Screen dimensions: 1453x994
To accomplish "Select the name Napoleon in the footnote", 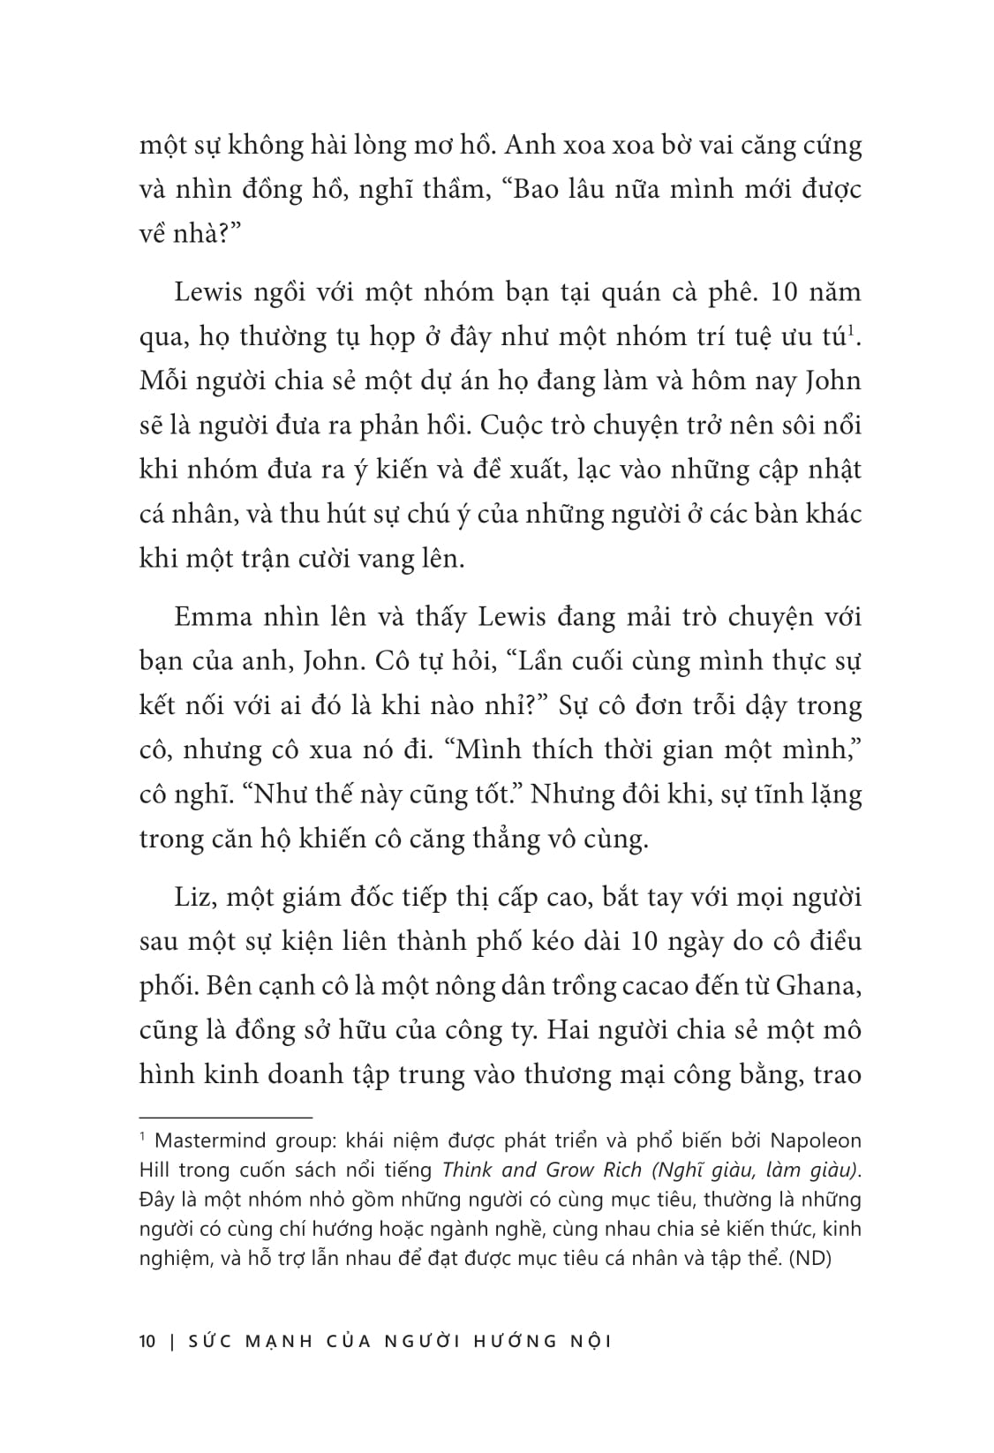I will [817, 1141].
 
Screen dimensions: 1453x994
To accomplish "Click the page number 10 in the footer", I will [147, 1341].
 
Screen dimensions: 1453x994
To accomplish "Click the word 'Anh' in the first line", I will [560, 146].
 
